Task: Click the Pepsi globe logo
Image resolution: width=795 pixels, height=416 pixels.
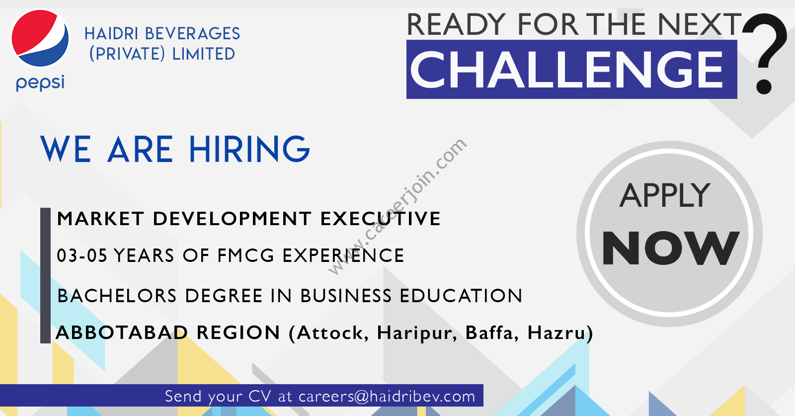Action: (x=40, y=38)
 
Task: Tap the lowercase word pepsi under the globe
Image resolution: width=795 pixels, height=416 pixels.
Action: (x=40, y=83)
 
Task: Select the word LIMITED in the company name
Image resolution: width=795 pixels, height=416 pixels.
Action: (x=203, y=54)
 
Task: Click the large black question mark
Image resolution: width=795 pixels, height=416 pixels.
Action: (x=765, y=53)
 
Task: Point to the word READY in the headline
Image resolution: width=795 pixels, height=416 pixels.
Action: (x=456, y=24)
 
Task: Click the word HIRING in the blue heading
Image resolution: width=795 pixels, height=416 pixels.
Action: (x=250, y=149)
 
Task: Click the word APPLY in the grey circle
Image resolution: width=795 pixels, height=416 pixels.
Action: (x=665, y=196)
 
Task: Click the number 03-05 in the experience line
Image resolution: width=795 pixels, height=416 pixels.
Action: (x=82, y=255)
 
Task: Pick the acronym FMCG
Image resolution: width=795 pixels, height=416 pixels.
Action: (x=246, y=255)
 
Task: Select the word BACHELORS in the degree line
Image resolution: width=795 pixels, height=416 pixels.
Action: (x=117, y=296)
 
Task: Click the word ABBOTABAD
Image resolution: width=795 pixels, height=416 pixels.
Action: (x=122, y=333)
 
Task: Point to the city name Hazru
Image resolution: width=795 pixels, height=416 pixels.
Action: (x=556, y=333)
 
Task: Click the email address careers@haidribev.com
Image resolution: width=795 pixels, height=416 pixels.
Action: (x=387, y=397)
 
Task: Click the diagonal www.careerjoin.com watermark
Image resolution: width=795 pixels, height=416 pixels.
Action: (x=397, y=207)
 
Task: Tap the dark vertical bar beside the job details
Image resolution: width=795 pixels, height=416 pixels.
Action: (x=45, y=275)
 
